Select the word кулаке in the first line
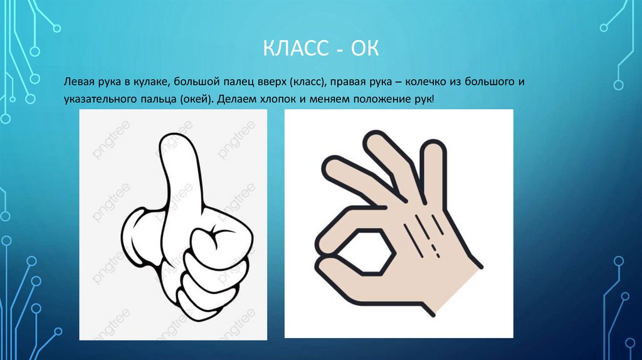coord(150,82)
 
